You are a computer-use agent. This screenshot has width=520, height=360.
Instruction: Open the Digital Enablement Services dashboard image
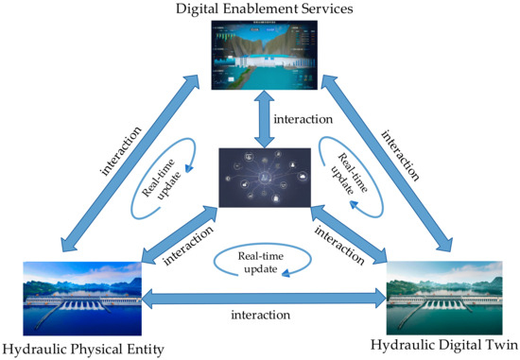point(259,60)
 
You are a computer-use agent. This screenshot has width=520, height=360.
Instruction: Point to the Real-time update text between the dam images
point(259,262)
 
